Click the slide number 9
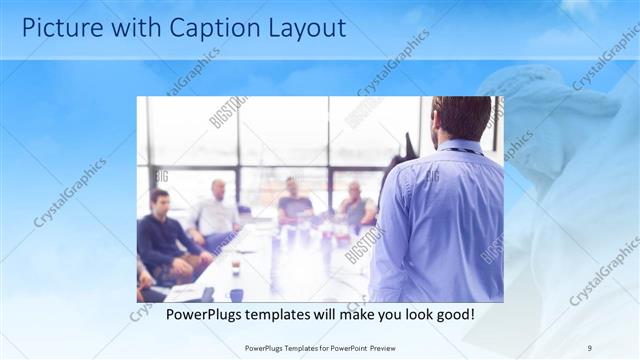(589, 347)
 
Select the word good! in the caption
(451, 315)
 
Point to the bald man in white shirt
(217, 210)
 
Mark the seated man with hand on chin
(355, 204)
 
